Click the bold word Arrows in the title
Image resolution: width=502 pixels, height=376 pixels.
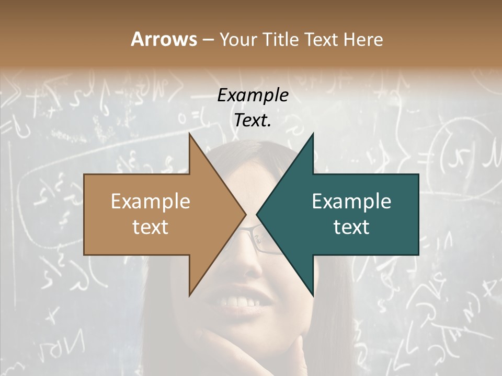point(164,39)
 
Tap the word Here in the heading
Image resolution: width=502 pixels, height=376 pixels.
point(363,39)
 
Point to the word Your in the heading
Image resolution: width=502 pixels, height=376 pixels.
point(237,40)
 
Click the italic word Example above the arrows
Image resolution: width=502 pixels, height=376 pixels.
point(253,96)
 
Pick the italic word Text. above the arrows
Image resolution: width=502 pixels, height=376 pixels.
point(253,121)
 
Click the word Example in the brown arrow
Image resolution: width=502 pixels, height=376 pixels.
point(151,202)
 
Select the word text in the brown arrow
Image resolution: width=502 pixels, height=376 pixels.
point(151,227)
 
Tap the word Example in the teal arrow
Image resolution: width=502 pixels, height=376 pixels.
point(351,202)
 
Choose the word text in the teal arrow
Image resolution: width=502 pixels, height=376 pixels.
point(351,227)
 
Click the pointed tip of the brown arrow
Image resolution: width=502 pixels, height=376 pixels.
point(246,214)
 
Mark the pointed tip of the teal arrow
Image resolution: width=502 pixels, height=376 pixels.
point(257,214)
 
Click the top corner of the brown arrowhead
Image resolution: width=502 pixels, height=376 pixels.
point(189,134)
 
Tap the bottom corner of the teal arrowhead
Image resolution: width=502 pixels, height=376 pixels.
point(313,295)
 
